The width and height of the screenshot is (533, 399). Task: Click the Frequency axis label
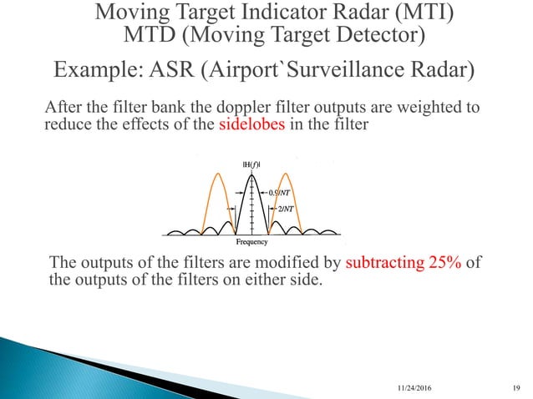(250, 242)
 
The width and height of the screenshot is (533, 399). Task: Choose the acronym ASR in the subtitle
(175, 68)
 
